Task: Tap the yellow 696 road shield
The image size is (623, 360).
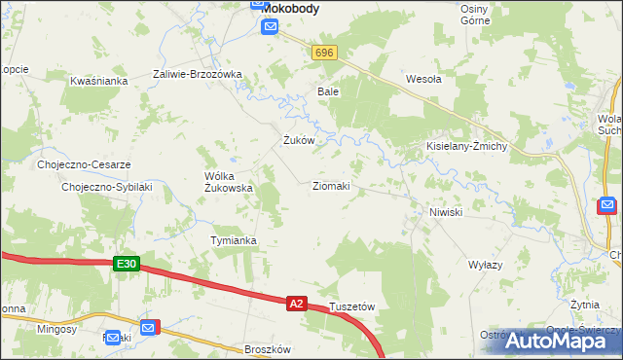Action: tap(325, 53)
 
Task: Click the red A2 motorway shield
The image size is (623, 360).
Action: tap(298, 304)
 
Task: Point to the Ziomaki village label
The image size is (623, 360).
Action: tap(331, 185)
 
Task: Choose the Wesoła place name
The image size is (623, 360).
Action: tap(423, 80)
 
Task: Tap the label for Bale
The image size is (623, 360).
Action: tap(327, 91)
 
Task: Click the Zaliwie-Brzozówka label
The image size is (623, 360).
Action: tap(198, 74)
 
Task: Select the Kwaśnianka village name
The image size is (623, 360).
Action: tap(99, 81)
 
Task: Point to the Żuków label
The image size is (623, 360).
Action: tap(298, 140)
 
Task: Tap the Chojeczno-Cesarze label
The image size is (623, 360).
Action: tap(84, 164)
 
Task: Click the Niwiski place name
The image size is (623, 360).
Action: tap(445, 211)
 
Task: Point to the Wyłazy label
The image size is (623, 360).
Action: tap(485, 265)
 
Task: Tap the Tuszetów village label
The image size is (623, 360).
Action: tap(352, 306)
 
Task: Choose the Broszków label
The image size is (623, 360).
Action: tap(269, 348)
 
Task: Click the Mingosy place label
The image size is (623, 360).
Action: tap(56, 330)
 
